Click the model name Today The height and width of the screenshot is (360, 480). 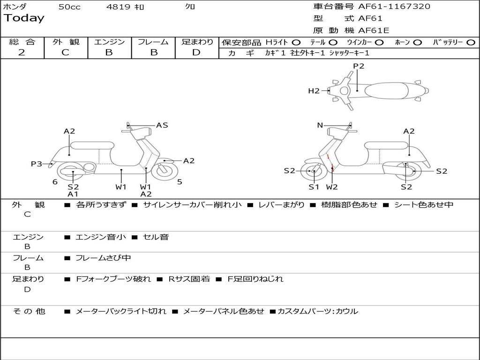coord(24,18)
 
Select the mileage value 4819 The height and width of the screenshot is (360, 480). coord(118,7)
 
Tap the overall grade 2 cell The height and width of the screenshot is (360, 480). coord(22,52)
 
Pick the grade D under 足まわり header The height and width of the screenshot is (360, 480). coord(196,52)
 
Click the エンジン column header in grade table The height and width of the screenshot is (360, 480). coord(109,42)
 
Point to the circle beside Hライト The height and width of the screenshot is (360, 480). coord(296,42)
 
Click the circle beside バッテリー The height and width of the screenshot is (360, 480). coord(471,42)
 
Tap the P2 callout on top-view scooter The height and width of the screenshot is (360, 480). coord(359,66)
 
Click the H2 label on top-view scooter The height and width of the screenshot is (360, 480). coord(314,91)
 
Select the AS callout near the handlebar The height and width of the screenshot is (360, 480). coord(162,125)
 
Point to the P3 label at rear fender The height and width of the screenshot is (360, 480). coord(37,164)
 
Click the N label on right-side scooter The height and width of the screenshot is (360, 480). coord(320,125)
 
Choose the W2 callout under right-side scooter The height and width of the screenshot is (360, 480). coord(332,187)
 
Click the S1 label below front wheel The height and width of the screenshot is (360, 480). coord(314,187)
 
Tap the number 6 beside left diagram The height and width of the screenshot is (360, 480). coord(55,182)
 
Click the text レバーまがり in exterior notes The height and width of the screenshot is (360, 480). coord(281,205)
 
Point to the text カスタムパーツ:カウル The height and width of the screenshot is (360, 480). coord(317,311)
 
